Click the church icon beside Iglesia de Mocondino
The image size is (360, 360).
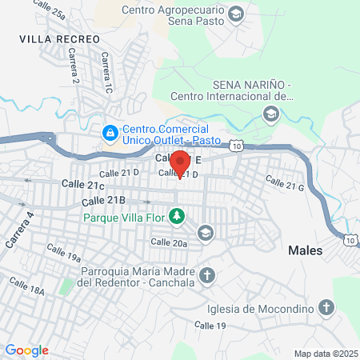point(326,306)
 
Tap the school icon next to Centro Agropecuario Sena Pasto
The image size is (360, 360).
point(236,14)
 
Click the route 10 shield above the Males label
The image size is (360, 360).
point(350,238)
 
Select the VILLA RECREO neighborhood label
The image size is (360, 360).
point(60,38)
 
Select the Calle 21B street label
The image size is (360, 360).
point(104,200)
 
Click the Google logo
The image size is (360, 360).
point(26,350)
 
